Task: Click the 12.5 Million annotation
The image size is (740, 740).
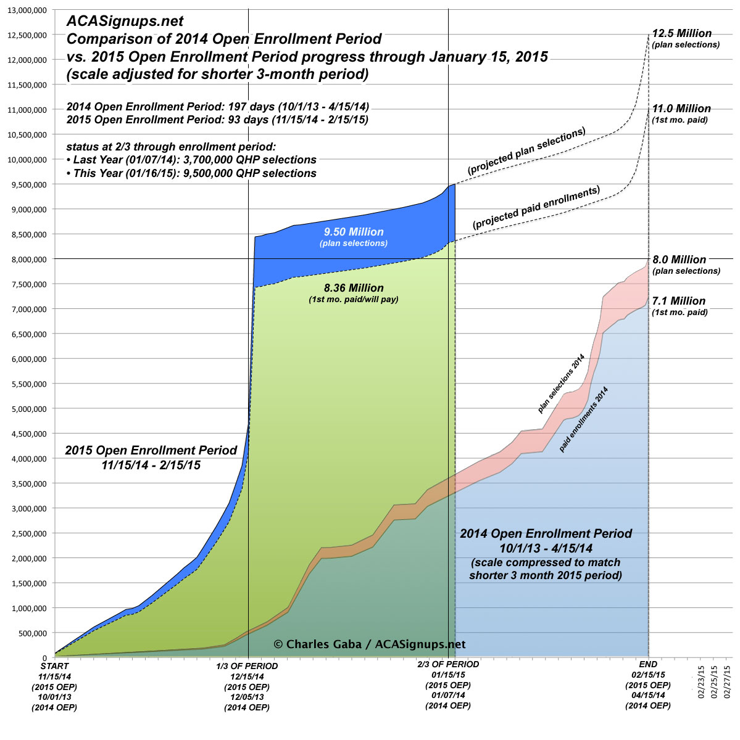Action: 682,34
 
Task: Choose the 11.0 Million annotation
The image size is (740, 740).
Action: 681,109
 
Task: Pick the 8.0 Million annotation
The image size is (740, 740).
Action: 679,260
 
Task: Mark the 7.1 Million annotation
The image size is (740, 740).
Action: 679,301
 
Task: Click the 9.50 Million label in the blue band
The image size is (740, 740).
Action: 354,232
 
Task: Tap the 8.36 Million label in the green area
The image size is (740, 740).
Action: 354,288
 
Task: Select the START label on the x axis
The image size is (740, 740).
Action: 54,666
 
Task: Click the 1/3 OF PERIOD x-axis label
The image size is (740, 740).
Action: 247,666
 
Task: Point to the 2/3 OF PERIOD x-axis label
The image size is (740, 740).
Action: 448,665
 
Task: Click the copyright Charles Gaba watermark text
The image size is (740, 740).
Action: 369,644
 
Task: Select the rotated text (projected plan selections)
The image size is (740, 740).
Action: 526,150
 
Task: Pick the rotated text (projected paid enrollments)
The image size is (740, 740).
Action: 536,208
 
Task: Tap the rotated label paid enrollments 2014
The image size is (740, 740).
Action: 583,419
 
